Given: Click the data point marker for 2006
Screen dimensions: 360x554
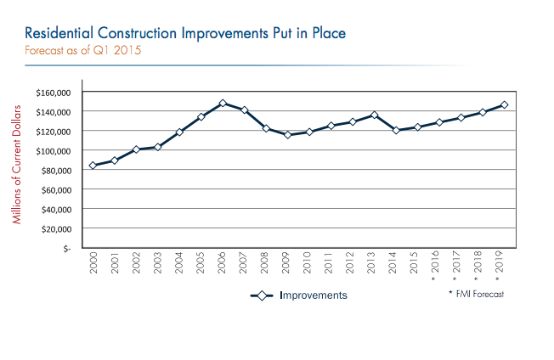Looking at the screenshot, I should coord(222,104).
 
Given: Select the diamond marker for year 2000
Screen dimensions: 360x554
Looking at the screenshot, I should coord(93,166).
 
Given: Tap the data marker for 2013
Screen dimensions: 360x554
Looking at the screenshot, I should coord(374,115).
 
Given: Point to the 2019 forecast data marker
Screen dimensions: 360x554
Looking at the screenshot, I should coord(504,105).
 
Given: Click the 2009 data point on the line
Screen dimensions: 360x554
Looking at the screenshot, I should coord(287,135).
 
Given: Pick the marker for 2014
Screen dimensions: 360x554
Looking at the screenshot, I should coord(396,130).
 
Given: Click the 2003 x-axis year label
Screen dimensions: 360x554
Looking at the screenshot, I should coord(158,262).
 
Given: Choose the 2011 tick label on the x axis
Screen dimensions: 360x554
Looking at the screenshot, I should coord(331,262).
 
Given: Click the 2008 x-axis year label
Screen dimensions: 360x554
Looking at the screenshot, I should coord(266,262).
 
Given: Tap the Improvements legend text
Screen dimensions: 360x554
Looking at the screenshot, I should coord(314,295).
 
